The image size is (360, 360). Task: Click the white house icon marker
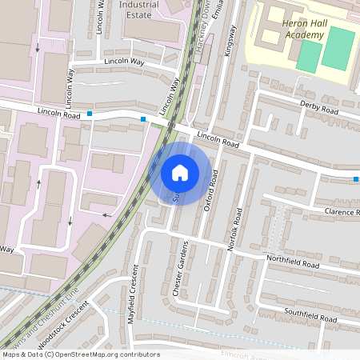click(x=180, y=172)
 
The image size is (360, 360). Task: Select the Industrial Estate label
click(x=138, y=9)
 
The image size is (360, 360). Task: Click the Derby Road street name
click(x=319, y=107)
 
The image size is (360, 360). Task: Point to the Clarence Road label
click(x=342, y=212)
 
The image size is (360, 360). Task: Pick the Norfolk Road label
click(x=236, y=230)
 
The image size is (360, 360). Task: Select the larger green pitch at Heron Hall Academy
click(x=338, y=48)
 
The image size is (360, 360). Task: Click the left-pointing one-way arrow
click(x=106, y=215)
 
